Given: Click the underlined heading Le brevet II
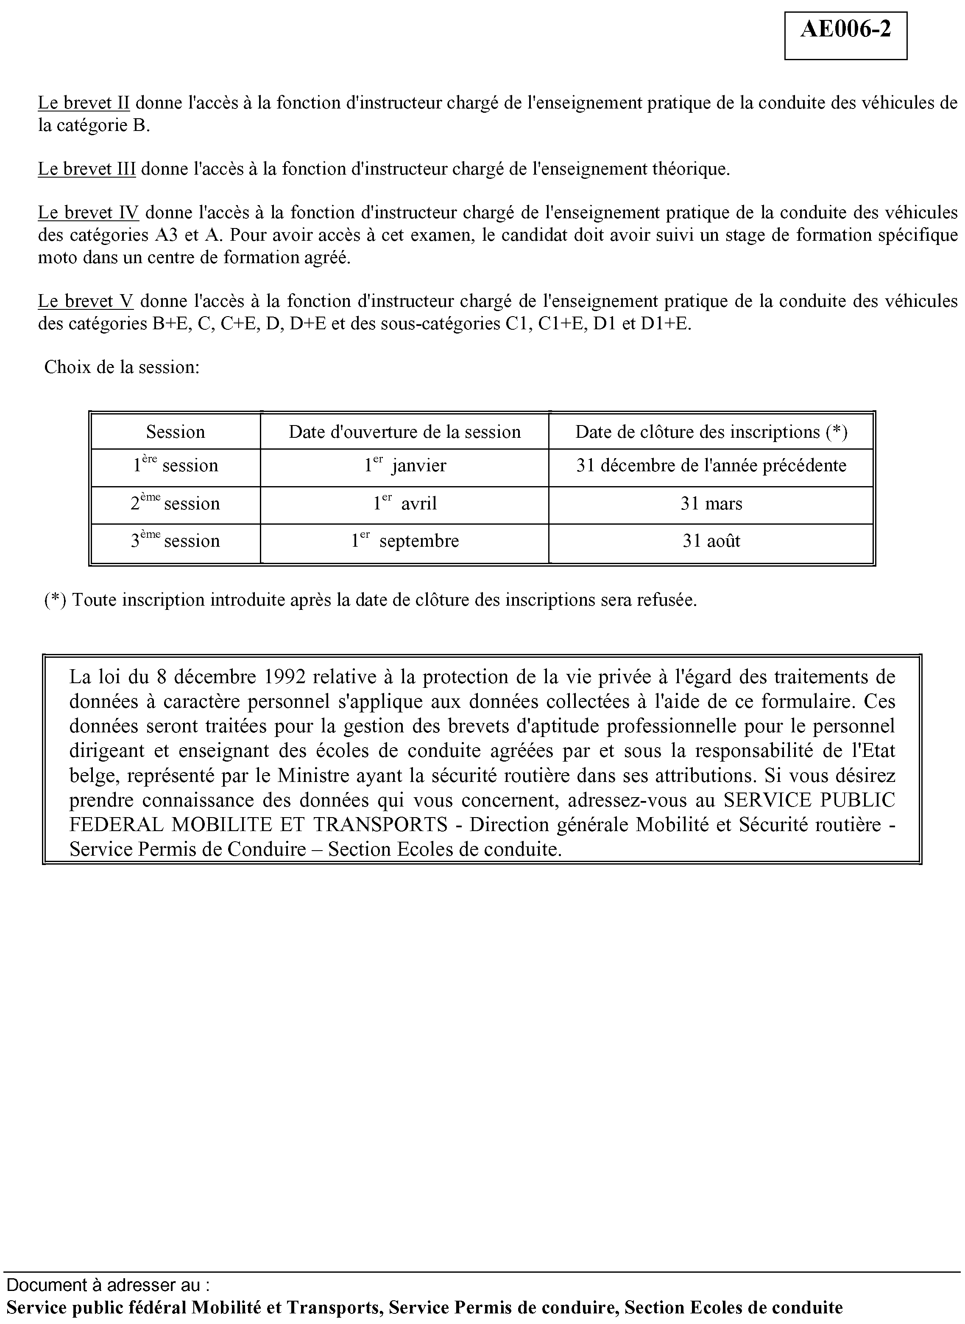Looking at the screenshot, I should pos(84,103).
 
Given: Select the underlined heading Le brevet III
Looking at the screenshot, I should pos(86,169).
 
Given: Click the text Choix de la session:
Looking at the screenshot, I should pos(122,367).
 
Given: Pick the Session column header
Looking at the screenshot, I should pos(175,432).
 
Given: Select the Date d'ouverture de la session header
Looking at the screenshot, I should pos(404,432).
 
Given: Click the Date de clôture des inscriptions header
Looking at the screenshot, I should pos(711,432).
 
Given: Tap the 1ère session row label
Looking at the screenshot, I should pos(175,466).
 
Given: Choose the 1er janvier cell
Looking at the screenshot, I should pos(405,466).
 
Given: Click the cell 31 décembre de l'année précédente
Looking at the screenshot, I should pos(711,466).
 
